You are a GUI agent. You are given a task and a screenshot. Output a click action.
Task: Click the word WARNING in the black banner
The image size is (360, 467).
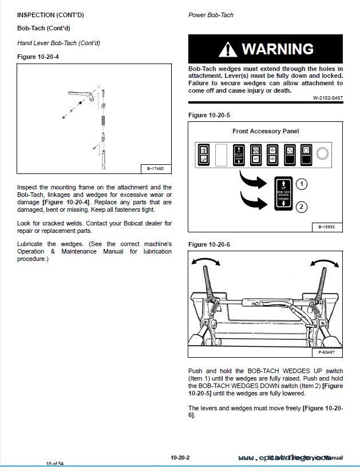click(278, 49)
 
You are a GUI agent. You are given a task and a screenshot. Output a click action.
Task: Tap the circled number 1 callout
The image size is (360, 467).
click(303, 184)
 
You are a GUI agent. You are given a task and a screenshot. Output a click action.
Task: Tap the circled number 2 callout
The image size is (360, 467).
click(303, 207)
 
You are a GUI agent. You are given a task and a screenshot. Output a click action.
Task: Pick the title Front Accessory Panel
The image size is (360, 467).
click(266, 131)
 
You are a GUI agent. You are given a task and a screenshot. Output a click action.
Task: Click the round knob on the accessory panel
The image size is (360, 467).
click(322, 153)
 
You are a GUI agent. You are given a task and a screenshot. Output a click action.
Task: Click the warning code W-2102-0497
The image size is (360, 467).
click(327, 98)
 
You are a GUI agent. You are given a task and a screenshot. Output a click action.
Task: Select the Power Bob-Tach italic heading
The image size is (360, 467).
click(211, 15)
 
